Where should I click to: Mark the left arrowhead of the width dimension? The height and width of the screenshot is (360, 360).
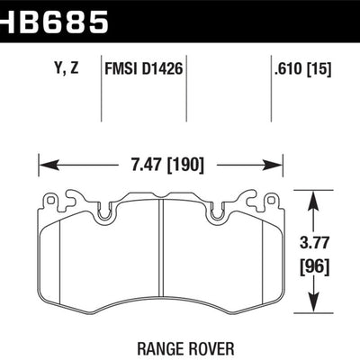pyautogui.click(x=44, y=165)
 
